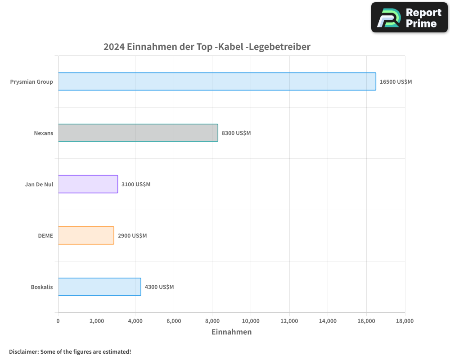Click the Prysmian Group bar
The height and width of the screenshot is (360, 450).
[217, 81]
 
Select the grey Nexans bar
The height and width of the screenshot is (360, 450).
[138, 133]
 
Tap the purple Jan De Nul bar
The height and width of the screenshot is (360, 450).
[88, 184]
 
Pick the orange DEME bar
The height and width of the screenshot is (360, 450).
[86, 235]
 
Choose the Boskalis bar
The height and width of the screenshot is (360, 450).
[99, 287]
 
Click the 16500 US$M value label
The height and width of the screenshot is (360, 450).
[396, 82]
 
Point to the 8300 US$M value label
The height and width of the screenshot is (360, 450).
[236, 133]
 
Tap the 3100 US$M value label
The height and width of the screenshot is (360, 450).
[136, 184]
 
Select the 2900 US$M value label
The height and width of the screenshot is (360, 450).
[132, 236]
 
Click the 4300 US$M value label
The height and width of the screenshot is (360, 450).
[159, 287]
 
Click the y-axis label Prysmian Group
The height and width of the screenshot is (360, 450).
[31, 82]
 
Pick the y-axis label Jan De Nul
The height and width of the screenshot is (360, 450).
[39, 184]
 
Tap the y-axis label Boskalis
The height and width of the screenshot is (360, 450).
[41, 287]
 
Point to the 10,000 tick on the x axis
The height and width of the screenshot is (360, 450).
[251, 321]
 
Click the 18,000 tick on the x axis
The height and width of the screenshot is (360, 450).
[405, 321]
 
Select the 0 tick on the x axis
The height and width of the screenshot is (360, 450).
[58, 321]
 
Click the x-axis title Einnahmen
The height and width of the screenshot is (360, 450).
[231, 332]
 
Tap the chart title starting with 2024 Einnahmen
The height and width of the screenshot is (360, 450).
[207, 46]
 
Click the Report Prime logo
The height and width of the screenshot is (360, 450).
[409, 18]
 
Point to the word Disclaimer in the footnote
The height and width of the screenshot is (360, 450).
[23, 351]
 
